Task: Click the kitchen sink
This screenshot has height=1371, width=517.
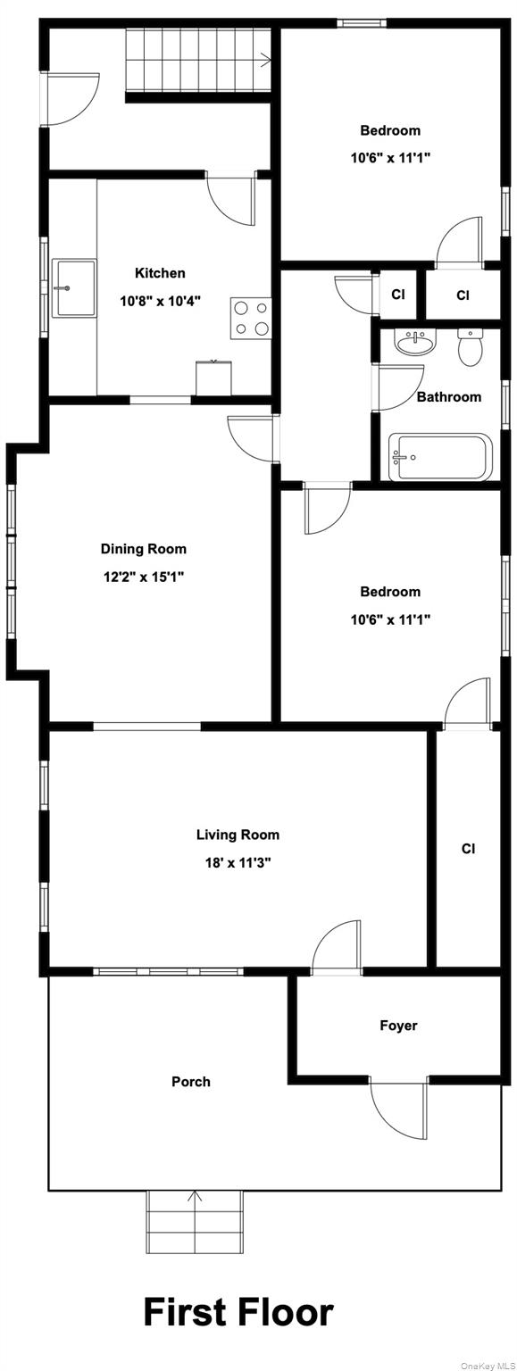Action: pyautogui.click(x=74, y=287)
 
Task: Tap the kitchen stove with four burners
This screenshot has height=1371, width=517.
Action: pyautogui.click(x=251, y=318)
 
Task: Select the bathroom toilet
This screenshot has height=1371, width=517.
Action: pyautogui.click(x=470, y=348)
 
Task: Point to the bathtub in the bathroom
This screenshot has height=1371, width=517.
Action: pyautogui.click(x=440, y=457)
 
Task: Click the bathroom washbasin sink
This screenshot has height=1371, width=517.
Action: pyautogui.click(x=413, y=343)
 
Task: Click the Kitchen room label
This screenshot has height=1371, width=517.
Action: pyautogui.click(x=160, y=273)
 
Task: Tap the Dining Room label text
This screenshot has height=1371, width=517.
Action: pyautogui.click(x=143, y=549)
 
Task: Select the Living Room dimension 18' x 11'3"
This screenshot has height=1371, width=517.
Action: pyautogui.click(x=238, y=863)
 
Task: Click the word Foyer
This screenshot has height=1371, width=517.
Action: pyautogui.click(x=398, y=1026)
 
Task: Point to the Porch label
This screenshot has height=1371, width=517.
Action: pyautogui.click(x=191, y=1082)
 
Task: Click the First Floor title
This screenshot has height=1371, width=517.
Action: pyautogui.click(x=238, y=1312)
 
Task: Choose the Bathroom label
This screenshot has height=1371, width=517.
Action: pyautogui.click(x=448, y=397)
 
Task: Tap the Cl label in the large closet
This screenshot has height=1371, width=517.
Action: pyautogui.click(x=468, y=849)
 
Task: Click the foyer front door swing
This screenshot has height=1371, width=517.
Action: pyautogui.click(x=397, y=1110)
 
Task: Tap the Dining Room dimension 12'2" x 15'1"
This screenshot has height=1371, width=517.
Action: pyautogui.click(x=143, y=577)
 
